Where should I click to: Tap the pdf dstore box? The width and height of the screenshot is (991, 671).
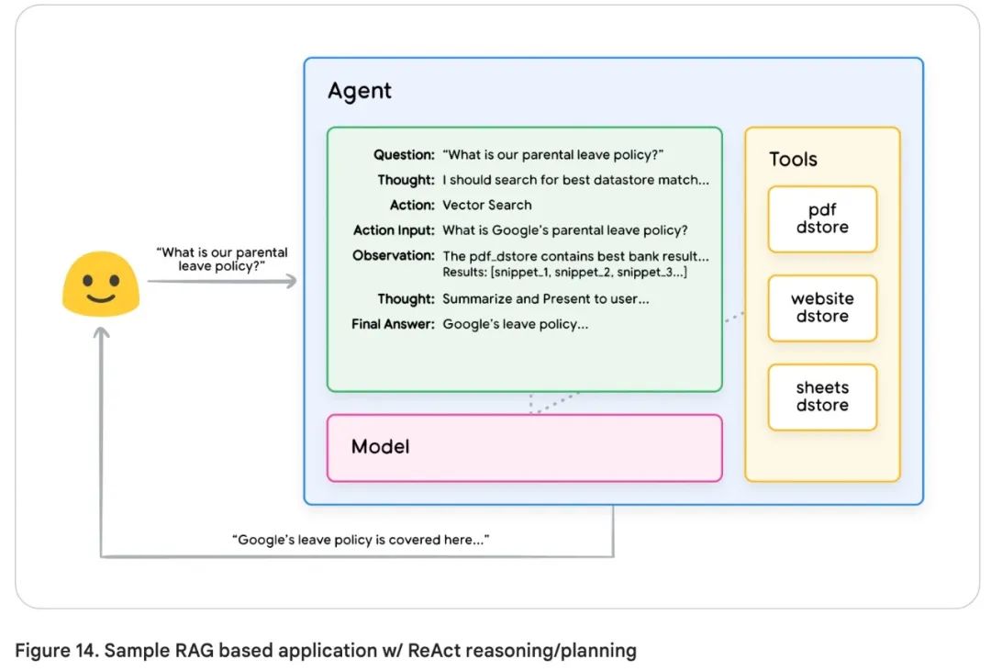[x=822, y=218]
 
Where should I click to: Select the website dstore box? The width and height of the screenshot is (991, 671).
[x=822, y=308]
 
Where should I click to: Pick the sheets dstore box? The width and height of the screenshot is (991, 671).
[x=822, y=397]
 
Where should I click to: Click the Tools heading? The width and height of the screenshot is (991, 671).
[x=793, y=160]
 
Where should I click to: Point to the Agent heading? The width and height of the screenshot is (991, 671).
[x=360, y=91]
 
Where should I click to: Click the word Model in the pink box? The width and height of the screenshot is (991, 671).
[x=380, y=447]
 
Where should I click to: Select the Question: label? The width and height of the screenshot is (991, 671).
[x=404, y=155]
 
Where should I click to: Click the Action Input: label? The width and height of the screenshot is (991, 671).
[x=394, y=230]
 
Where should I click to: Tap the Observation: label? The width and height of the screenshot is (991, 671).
[x=394, y=255]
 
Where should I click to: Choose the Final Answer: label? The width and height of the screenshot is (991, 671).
[x=393, y=324]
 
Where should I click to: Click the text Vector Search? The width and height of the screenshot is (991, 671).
[x=486, y=206]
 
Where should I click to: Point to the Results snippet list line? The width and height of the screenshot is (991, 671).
[x=564, y=274]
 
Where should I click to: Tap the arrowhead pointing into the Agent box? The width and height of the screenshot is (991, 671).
[x=292, y=281]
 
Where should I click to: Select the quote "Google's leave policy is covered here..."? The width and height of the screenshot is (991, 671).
[x=360, y=540]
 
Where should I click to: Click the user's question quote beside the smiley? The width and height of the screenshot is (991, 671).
[x=223, y=259]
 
